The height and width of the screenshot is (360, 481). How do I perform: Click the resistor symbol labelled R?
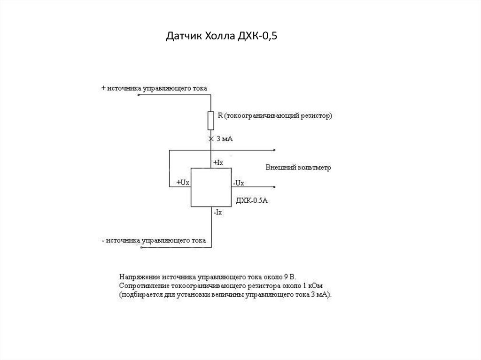tap(211, 120)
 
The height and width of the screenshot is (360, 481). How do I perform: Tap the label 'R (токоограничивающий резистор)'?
tap(275, 115)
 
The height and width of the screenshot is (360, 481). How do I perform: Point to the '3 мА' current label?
tap(225, 139)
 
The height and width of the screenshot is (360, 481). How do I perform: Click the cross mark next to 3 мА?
tap(211, 139)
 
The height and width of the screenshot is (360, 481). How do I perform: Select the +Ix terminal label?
tap(219, 162)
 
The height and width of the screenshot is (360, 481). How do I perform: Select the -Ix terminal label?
tap(218, 212)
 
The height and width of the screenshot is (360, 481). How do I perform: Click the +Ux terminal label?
tap(183, 182)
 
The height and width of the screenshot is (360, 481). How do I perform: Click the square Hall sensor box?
tap(211, 187)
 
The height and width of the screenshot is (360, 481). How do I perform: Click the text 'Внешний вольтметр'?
tap(298, 168)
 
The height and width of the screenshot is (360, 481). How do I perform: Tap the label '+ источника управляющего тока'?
tap(154, 88)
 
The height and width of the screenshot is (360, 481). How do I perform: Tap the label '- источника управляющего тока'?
tap(154, 241)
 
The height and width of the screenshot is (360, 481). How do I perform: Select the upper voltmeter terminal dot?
tap(274, 151)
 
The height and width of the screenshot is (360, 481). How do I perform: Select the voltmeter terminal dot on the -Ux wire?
tap(274, 187)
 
